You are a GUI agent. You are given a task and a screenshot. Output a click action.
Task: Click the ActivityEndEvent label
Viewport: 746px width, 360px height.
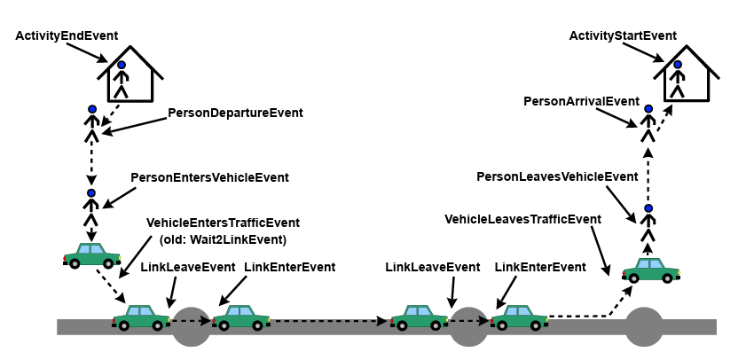[67, 35]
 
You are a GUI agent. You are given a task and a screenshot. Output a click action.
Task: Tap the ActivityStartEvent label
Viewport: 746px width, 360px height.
[623, 35]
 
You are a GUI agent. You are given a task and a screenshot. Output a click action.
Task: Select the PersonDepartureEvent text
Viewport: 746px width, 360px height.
[235, 113]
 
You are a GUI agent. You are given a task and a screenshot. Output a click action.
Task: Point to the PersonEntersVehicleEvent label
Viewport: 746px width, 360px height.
[209, 177]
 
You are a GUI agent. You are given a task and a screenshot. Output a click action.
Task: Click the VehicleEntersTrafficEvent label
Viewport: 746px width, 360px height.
[223, 223]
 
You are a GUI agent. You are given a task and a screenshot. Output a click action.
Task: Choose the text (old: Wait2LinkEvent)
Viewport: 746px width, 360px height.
[223, 239]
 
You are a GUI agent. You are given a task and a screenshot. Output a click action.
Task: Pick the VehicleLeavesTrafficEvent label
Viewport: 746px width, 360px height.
[522, 219]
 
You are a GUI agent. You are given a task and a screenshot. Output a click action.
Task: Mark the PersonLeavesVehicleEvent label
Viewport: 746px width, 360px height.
[557, 176]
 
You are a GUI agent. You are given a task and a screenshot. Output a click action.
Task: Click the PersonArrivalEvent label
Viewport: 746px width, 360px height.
[581, 101]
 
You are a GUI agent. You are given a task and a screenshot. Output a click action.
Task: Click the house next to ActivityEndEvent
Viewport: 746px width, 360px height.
[130, 77]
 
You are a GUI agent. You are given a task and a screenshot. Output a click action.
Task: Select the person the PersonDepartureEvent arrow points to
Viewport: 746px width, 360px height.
[91, 124]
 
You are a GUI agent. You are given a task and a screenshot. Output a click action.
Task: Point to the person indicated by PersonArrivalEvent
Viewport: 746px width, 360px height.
[648, 123]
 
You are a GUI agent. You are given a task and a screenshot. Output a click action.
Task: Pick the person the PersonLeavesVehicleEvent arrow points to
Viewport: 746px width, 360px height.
[648, 224]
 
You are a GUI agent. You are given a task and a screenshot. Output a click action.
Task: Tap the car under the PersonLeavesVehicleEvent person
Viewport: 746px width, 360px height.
[650, 269]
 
